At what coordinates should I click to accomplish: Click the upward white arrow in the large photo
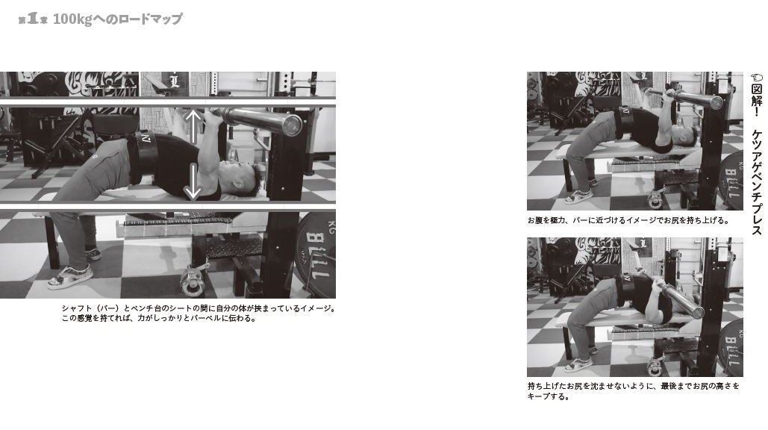[193, 124]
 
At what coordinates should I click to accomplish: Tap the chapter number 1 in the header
[32, 19]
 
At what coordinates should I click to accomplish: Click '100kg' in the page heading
[72, 19]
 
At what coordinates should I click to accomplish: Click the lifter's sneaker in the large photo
[70, 277]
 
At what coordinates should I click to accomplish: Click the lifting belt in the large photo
[141, 157]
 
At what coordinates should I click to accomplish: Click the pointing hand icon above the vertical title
[756, 77]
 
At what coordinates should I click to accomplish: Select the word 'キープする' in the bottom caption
[549, 397]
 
